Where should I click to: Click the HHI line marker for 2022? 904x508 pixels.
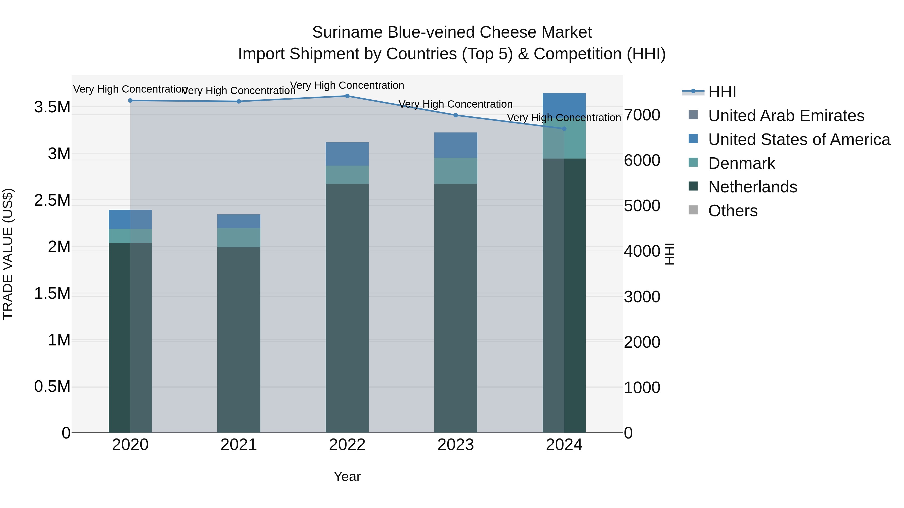point(347,96)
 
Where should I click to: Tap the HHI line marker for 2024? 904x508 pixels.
point(564,129)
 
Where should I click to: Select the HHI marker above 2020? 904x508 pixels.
point(130,101)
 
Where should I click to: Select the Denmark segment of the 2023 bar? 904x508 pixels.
point(456,171)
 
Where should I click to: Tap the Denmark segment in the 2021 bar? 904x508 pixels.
point(239,238)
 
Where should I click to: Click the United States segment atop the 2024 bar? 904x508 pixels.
point(564,105)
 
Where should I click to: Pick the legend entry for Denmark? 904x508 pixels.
point(741,163)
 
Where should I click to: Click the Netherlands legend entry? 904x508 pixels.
point(752,187)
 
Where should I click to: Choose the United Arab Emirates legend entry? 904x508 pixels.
point(786,116)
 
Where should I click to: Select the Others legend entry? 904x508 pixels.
point(733,211)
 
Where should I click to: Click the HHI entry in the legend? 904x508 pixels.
point(722,92)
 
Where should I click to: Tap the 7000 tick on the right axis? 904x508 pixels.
point(642,115)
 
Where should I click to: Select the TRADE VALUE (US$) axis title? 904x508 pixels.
point(8,254)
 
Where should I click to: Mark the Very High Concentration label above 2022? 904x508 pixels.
point(347,86)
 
